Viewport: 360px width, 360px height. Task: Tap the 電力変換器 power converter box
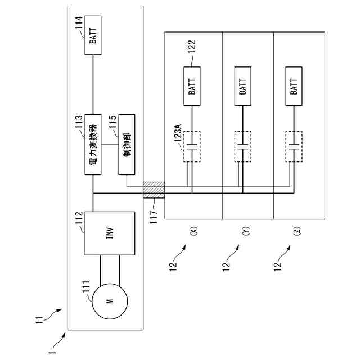[x=93, y=145]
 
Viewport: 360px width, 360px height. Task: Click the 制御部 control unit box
[x=127, y=145]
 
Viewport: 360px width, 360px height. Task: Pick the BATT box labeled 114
[x=93, y=35]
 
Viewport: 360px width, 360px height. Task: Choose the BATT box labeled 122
[x=192, y=86]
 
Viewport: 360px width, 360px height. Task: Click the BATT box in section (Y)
[x=243, y=86]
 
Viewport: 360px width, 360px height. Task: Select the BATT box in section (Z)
[x=294, y=86]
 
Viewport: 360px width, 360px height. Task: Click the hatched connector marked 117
[x=154, y=190]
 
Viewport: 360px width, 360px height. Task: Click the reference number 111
[x=86, y=286]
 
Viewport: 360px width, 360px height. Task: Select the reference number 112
[x=79, y=218]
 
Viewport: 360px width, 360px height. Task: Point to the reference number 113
[x=79, y=122]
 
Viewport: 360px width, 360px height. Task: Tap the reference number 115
[x=112, y=122]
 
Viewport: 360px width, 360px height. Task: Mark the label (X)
[x=194, y=231]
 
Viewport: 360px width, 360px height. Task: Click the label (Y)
[x=246, y=231]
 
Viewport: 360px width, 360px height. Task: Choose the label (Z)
[x=297, y=231]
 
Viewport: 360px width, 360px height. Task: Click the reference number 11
[x=39, y=320]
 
